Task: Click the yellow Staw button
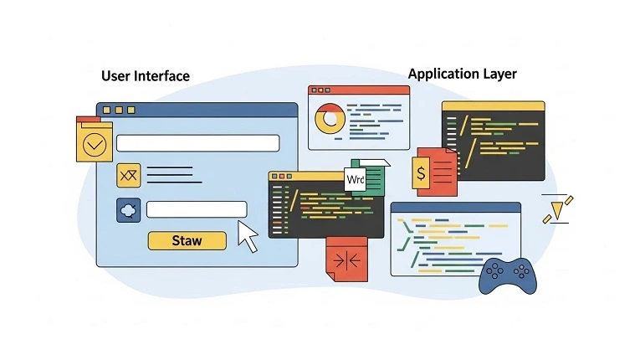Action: tap(187, 240)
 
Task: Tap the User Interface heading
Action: tap(146, 76)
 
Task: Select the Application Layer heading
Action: tap(462, 74)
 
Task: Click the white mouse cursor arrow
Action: tap(248, 235)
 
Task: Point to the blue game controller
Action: tap(508, 275)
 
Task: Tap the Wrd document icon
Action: tap(356, 179)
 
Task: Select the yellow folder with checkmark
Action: tap(95, 143)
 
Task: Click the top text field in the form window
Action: tap(197, 143)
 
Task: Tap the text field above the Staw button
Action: tap(197, 209)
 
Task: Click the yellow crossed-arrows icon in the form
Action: tap(129, 174)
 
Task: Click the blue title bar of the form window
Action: tap(197, 110)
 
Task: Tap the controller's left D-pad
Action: tap(494, 270)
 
